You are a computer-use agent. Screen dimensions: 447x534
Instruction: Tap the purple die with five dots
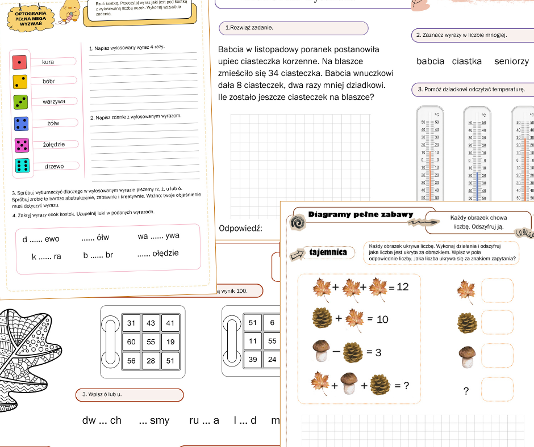tap(22, 145)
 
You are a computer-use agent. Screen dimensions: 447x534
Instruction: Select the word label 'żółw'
tap(54, 123)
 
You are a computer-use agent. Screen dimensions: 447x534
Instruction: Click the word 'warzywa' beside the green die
tap(54, 102)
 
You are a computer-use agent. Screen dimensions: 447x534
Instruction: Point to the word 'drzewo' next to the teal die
tap(55, 166)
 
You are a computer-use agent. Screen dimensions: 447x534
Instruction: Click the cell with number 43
tap(151, 323)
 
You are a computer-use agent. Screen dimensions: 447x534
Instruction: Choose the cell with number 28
tap(151, 360)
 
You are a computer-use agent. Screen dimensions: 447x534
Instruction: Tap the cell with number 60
tap(131, 342)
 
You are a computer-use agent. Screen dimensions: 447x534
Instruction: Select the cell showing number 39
tap(253, 360)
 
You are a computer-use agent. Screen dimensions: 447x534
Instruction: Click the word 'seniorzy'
tap(511, 61)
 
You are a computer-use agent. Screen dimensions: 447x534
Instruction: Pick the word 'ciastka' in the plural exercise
tap(466, 61)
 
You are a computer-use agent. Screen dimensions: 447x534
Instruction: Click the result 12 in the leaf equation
tap(402, 287)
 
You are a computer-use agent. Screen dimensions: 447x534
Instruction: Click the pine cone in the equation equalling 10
tap(322, 319)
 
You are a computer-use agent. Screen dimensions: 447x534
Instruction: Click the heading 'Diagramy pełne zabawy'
tap(361, 215)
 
